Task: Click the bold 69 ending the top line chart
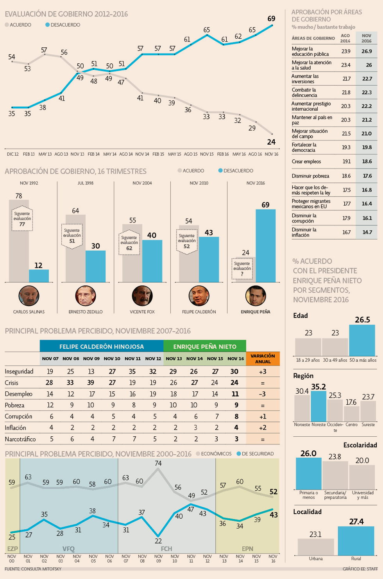pos(271,18)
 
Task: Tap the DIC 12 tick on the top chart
pos(13,154)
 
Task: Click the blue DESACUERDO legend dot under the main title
pos(48,25)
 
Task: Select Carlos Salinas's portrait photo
pos(29,296)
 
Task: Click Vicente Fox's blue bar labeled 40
pos(152,261)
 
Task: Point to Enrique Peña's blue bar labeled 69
pos(265,246)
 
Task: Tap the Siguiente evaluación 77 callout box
pos(22,219)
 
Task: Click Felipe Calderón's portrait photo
pos(199,296)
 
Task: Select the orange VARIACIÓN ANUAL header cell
pos(263,359)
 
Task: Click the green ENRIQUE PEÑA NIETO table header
pos(205,346)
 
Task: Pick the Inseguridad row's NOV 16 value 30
pos(234,371)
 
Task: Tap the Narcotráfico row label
pos(20,439)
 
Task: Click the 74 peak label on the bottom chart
pos(158,463)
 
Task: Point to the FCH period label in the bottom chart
pos(166,549)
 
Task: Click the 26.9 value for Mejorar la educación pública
pos(367,51)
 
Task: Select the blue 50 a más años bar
pos(362,340)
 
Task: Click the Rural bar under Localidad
pos(356,541)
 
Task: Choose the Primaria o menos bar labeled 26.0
pos(308,473)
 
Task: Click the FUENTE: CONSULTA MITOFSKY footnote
pos(33,569)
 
